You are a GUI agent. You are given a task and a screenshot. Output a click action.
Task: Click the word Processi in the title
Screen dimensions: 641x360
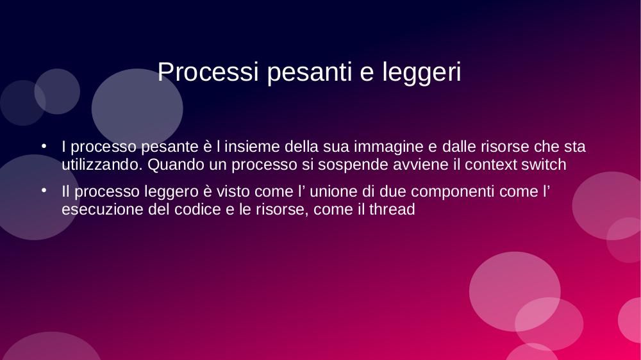pos(208,72)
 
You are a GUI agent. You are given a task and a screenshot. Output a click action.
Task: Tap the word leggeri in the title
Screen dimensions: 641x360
pos(422,73)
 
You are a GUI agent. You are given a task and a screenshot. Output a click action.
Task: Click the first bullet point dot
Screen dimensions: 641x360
pos(44,146)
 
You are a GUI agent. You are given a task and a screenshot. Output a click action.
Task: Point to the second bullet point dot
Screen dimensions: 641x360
pos(44,190)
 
